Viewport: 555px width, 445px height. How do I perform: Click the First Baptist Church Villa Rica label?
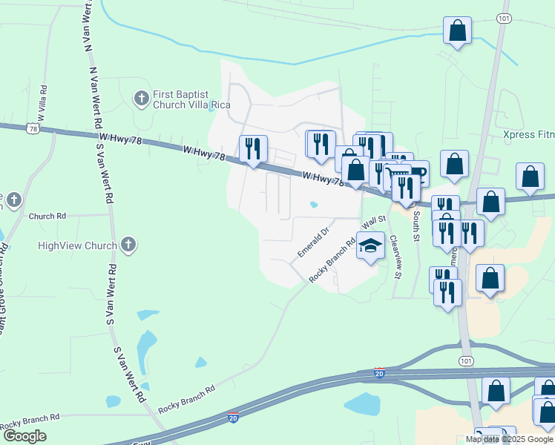click(180, 100)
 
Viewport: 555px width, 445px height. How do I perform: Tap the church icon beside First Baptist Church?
click(139, 97)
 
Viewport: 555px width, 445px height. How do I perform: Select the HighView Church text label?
click(77, 245)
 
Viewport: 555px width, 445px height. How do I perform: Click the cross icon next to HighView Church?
click(128, 245)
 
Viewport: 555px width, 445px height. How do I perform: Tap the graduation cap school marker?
click(370, 245)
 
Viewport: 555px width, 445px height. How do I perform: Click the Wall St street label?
click(374, 221)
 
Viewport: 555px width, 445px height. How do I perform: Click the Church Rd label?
click(47, 217)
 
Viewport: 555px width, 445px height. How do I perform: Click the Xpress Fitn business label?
click(528, 135)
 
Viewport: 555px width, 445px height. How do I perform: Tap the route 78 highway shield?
click(32, 129)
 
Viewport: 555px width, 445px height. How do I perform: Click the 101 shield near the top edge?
click(505, 18)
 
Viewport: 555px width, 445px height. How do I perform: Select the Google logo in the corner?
click(24, 436)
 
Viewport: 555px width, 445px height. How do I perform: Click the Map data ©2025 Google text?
click(509, 439)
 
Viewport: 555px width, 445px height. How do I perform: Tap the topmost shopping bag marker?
click(458, 31)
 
